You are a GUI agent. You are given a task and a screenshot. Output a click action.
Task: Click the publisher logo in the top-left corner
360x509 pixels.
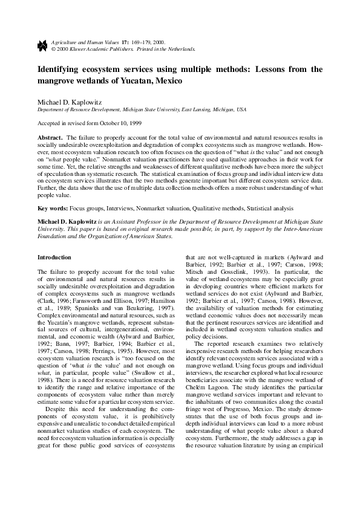[x=42, y=45]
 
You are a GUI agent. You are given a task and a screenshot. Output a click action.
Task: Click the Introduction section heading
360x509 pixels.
[x=54, y=257]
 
